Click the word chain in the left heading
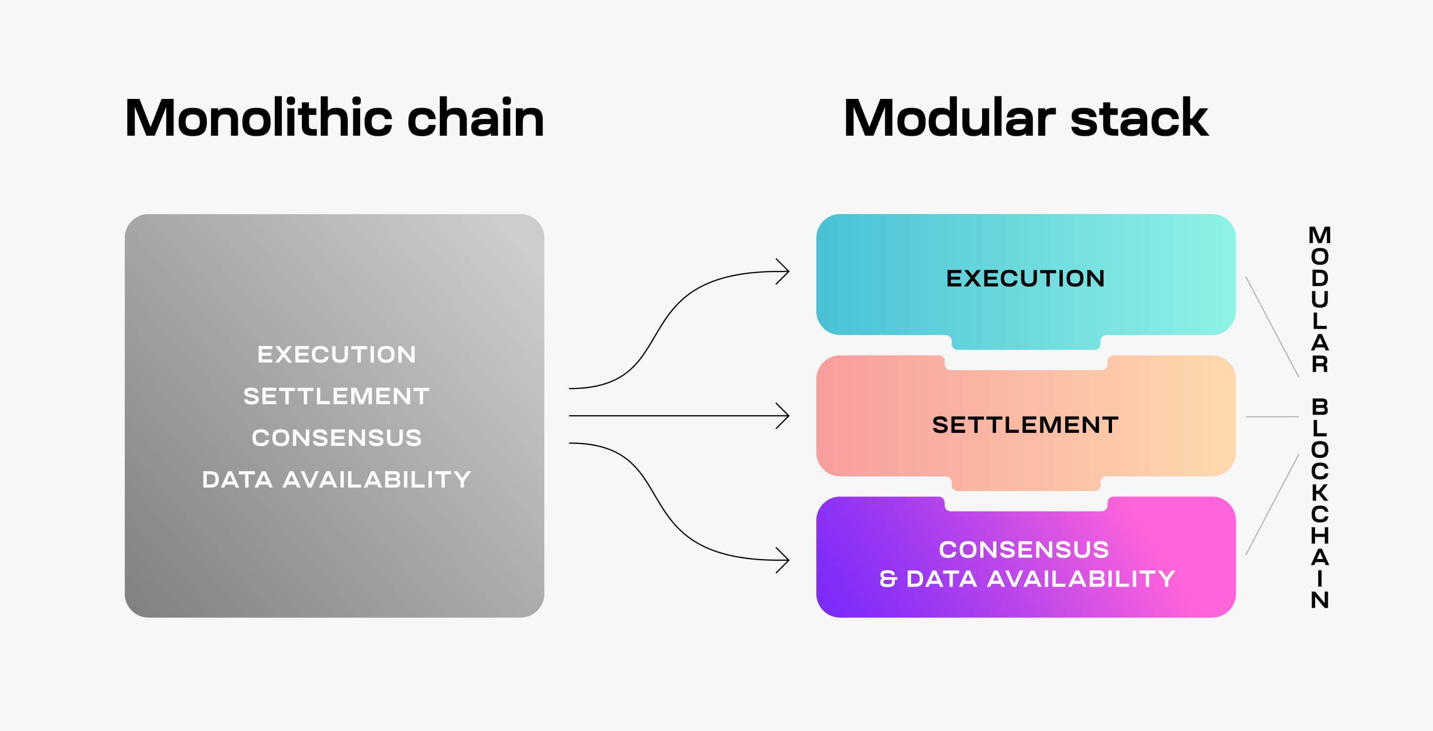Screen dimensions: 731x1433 click(x=476, y=118)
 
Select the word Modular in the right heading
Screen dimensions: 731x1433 click(x=949, y=118)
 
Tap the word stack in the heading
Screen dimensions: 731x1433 click(x=1139, y=119)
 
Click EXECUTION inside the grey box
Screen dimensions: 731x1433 click(x=337, y=355)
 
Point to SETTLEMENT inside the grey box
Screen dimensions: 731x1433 click(x=337, y=396)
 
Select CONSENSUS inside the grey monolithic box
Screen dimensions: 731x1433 click(x=337, y=438)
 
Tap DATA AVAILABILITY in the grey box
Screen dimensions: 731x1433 click(x=337, y=480)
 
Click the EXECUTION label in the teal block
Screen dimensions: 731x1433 click(x=1025, y=278)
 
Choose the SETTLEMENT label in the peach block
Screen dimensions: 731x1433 click(x=1025, y=425)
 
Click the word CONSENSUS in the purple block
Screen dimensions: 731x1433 click(x=1024, y=549)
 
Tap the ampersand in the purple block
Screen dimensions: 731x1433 click(x=888, y=579)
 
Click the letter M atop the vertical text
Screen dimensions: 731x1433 click(x=1319, y=236)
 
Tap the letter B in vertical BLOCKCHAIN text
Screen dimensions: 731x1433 click(x=1319, y=407)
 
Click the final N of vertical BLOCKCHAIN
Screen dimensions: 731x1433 click(x=1319, y=600)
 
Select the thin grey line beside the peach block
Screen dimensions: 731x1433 click(x=1272, y=417)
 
